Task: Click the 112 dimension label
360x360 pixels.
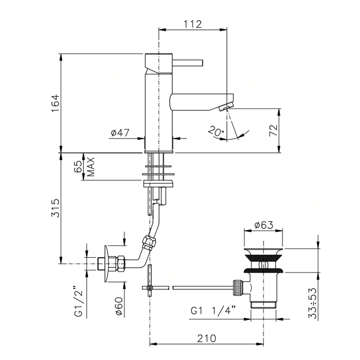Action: point(193,24)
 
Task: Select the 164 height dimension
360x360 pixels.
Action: point(56,103)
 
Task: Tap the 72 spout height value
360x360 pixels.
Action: point(274,131)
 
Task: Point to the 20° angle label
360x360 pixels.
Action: point(216,131)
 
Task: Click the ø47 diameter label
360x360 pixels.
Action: point(120,133)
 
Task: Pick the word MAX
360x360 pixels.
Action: point(91,167)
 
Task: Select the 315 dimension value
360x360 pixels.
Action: point(55,208)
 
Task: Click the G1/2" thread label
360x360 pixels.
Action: point(79,301)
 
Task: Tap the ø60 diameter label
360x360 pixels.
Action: point(119,306)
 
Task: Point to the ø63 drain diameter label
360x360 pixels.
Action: point(264,225)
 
